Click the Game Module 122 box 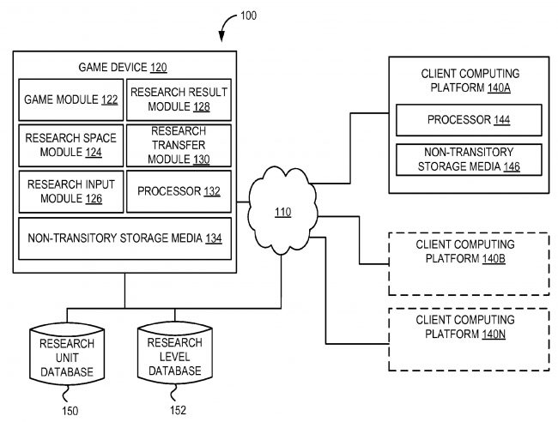point(71,100)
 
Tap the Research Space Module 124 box point(71,145)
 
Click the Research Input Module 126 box point(71,190)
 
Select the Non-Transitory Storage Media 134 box point(125,238)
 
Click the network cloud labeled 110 point(282,209)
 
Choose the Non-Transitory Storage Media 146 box point(469,160)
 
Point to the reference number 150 point(70,411)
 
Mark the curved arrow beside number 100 point(231,27)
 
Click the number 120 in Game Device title point(159,66)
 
